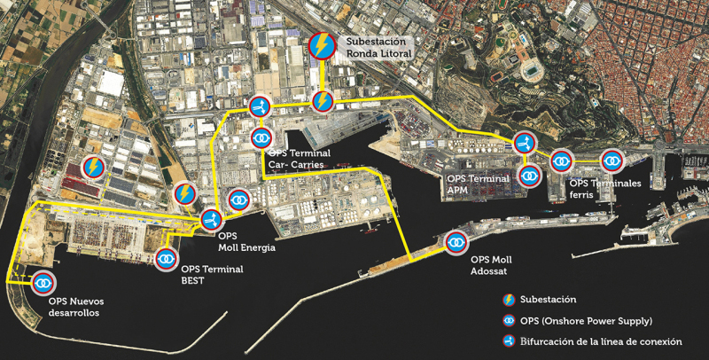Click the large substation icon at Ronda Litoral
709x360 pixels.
coord(322,45)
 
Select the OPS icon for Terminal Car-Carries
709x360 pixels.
coord(261,137)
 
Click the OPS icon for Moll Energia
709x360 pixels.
coord(238,200)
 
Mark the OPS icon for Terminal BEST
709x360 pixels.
coord(166,259)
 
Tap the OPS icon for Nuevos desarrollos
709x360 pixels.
coord(43,284)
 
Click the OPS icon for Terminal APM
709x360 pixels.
coord(529,176)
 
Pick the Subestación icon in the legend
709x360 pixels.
coord(509,299)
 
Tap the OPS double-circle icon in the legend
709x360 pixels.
coord(509,320)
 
